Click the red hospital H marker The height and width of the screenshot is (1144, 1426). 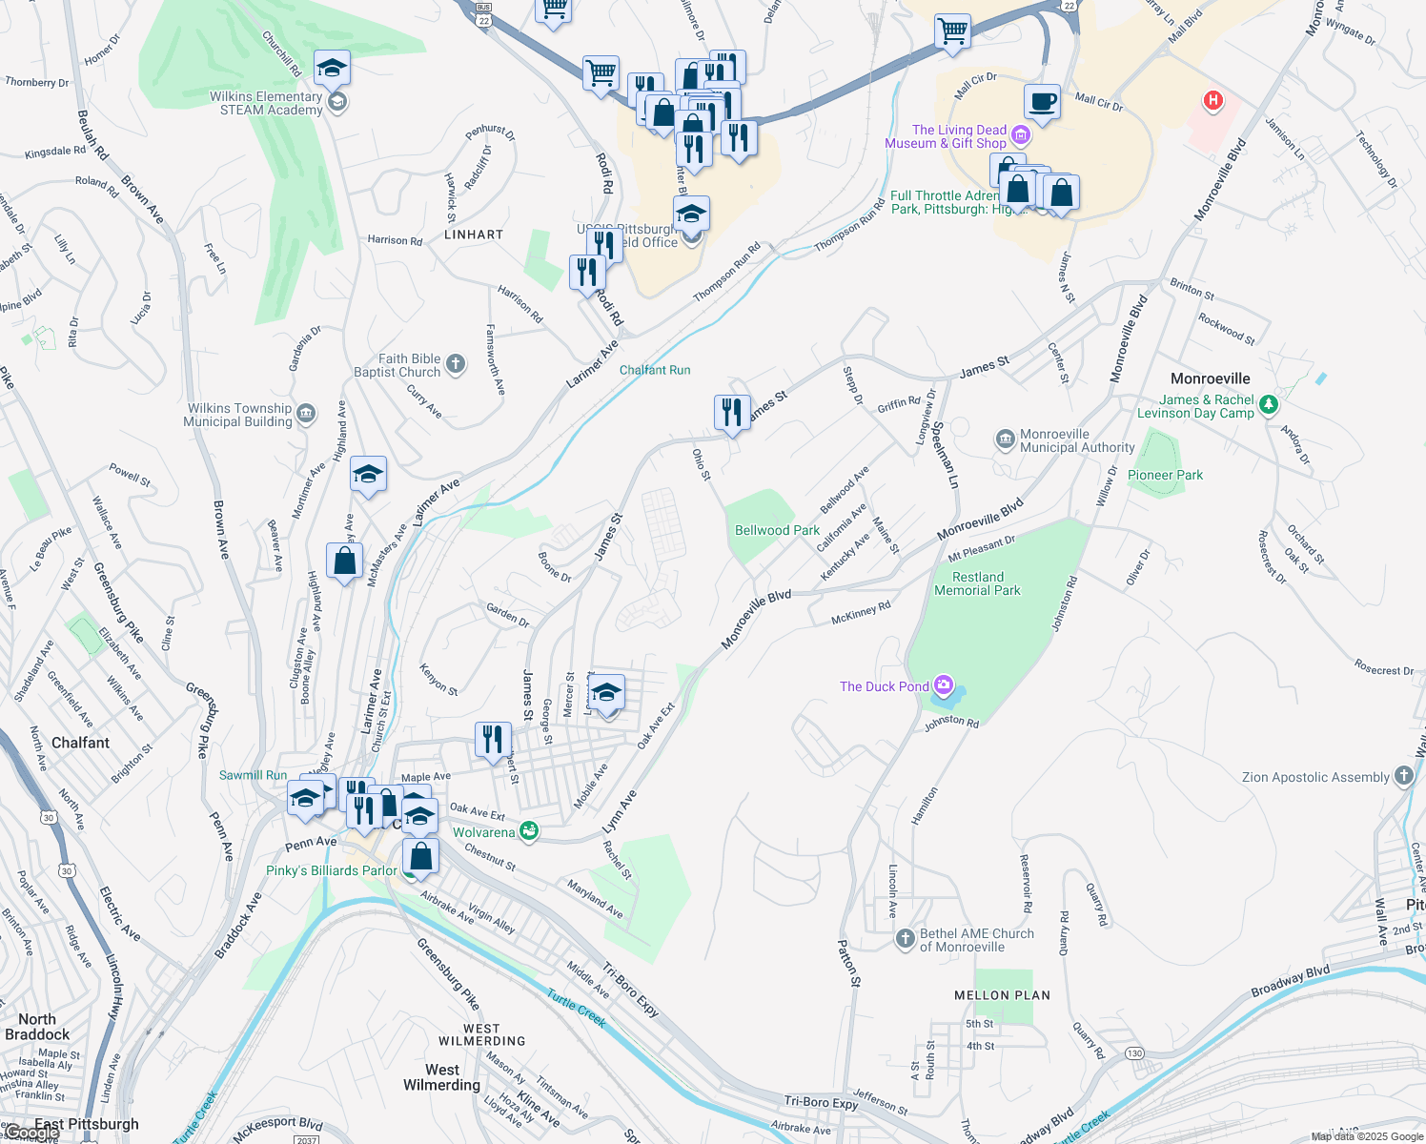pyautogui.click(x=1212, y=99)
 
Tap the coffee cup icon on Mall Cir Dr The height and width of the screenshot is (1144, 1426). pyautogui.click(x=1043, y=101)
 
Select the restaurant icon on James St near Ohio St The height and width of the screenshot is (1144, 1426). pyautogui.click(x=731, y=413)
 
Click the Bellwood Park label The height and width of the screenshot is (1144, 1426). pyautogui.click(x=777, y=530)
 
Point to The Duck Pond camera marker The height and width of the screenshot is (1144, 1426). pyautogui.click(x=944, y=685)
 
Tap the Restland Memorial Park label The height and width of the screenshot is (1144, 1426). pyautogui.click(x=977, y=583)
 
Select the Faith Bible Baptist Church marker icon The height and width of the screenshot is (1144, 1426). pyautogui.click(x=456, y=363)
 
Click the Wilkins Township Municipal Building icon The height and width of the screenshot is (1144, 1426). pyautogui.click(x=306, y=413)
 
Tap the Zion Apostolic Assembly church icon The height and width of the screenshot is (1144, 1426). pyautogui.click(x=1403, y=776)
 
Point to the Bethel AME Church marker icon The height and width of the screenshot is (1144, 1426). pyautogui.click(x=905, y=939)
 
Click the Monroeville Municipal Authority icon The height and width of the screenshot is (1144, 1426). pyautogui.click(x=1005, y=439)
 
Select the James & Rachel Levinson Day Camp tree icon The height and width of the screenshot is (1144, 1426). pyautogui.click(x=1268, y=405)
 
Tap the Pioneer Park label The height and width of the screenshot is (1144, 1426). pyautogui.click(x=1165, y=475)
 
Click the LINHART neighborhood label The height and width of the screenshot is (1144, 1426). pyautogui.click(x=474, y=235)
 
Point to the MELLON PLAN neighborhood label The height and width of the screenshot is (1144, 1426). pyautogui.click(x=1002, y=995)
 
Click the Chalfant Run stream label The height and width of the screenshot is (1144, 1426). pyautogui.click(x=655, y=370)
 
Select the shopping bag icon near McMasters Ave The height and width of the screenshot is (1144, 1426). pyautogui.click(x=344, y=562)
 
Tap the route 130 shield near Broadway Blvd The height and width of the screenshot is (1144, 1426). pyautogui.click(x=1134, y=1053)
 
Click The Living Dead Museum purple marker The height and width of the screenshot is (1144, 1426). pyautogui.click(x=1020, y=135)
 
